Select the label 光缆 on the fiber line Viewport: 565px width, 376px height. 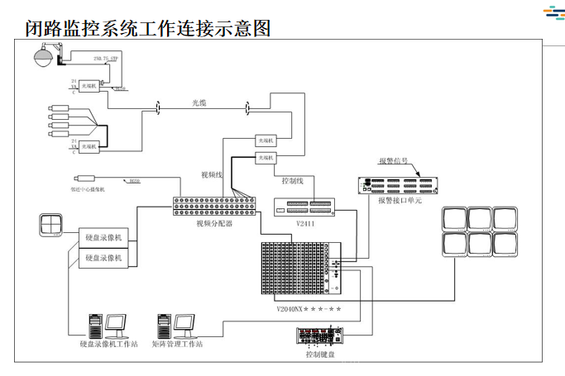coord(202,103)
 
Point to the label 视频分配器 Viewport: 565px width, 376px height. coord(213,222)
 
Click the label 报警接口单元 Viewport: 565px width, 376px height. coord(400,201)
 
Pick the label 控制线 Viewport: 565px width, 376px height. coord(294,179)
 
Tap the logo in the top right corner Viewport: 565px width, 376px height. coord(553,14)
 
